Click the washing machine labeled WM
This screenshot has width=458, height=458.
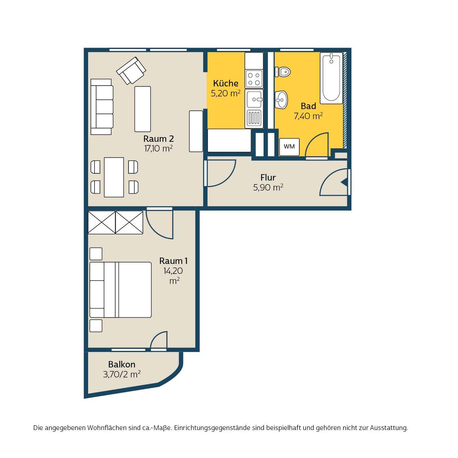[289, 147]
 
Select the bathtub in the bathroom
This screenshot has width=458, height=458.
[331, 78]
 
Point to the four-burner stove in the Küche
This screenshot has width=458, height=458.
[254, 79]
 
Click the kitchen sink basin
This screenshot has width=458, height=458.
[254, 100]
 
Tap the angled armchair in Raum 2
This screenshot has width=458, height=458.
[131, 70]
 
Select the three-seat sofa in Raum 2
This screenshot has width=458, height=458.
[102, 107]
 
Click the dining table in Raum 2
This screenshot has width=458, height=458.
[114, 177]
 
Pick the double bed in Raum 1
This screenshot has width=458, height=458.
[121, 290]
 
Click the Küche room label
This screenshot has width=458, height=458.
[226, 83]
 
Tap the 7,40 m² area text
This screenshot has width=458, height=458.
[308, 116]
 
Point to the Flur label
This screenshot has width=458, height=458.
[268, 177]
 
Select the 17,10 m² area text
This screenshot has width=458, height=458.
[158, 149]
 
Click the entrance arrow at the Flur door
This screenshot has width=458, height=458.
[344, 183]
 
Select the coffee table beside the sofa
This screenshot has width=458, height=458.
[142, 109]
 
